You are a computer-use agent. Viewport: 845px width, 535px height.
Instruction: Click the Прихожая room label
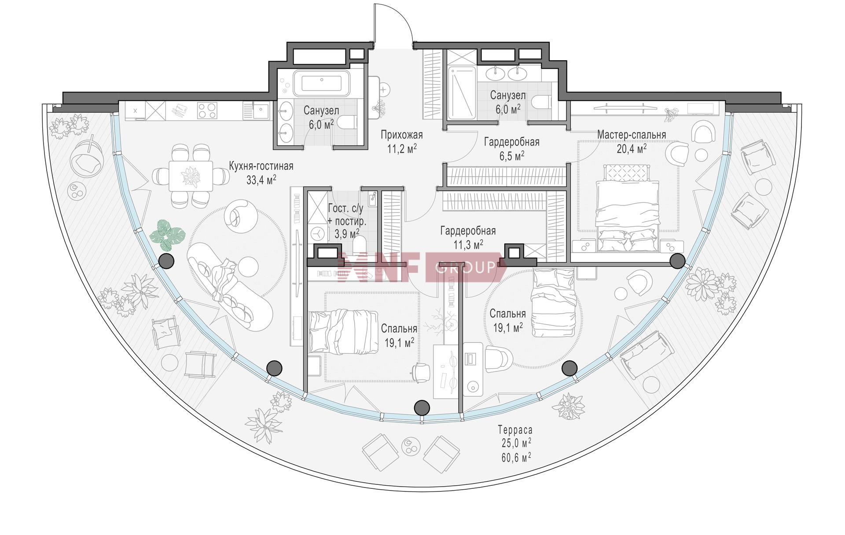point(401,135)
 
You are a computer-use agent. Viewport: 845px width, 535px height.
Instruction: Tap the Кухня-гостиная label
point(261,166)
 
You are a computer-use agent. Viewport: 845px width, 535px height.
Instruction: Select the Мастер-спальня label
point(632,135)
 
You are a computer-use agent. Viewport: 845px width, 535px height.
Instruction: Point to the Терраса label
point(515,429)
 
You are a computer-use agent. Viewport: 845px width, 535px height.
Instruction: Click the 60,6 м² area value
point(515,458)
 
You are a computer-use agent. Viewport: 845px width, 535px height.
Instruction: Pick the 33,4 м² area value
point(261,180)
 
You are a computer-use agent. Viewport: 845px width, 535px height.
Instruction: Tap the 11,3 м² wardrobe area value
point(468,244)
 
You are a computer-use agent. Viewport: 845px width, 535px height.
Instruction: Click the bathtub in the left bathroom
point(322,83)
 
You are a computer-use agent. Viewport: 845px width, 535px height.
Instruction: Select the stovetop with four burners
point(207,110)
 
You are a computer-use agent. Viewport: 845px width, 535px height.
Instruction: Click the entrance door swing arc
point(398,18)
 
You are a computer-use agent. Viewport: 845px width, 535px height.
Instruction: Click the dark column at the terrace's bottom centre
point(422,408)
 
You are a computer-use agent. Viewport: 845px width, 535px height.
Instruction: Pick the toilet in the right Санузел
point(541,102)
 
